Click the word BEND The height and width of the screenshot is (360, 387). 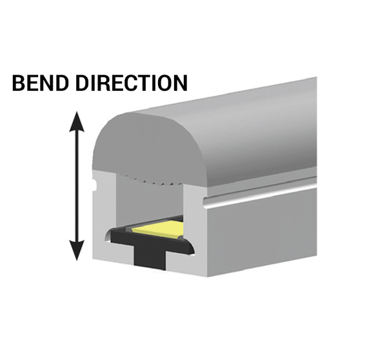(x=40, y=83)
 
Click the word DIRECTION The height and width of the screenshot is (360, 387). (x=132, y=83)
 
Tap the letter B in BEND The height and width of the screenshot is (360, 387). (x=18, y=83)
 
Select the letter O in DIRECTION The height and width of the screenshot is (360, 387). (x=161, y=83)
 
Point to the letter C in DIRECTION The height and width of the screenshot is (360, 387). (x=127, y=83)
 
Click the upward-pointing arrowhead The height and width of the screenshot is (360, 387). (x=77, y=121)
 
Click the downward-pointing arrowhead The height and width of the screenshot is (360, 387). (x=77, y=250)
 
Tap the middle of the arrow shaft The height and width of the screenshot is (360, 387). (x=77, y=186)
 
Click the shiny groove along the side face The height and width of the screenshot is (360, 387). (x=260, y=193)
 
